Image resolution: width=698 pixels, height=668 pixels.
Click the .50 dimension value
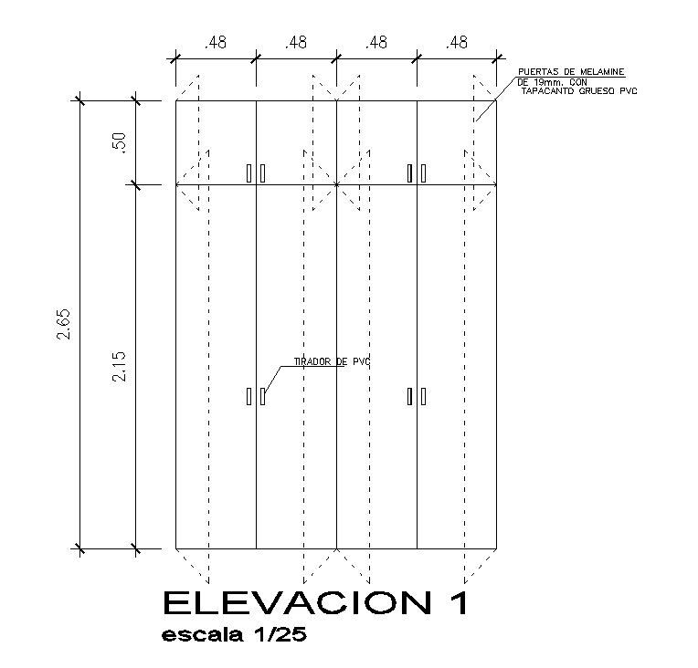coord(117,142)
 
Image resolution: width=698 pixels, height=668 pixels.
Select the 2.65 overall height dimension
coord(63,324)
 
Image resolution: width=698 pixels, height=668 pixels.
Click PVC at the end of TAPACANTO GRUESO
coord(627,91)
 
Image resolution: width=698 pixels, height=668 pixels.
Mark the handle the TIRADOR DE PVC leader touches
coord(262,396)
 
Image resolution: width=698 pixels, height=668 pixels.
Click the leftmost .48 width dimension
coord(216,43)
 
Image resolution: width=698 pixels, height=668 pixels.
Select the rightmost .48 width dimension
coord(457,43)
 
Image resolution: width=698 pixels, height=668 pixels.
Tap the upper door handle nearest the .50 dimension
coord(249,172)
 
